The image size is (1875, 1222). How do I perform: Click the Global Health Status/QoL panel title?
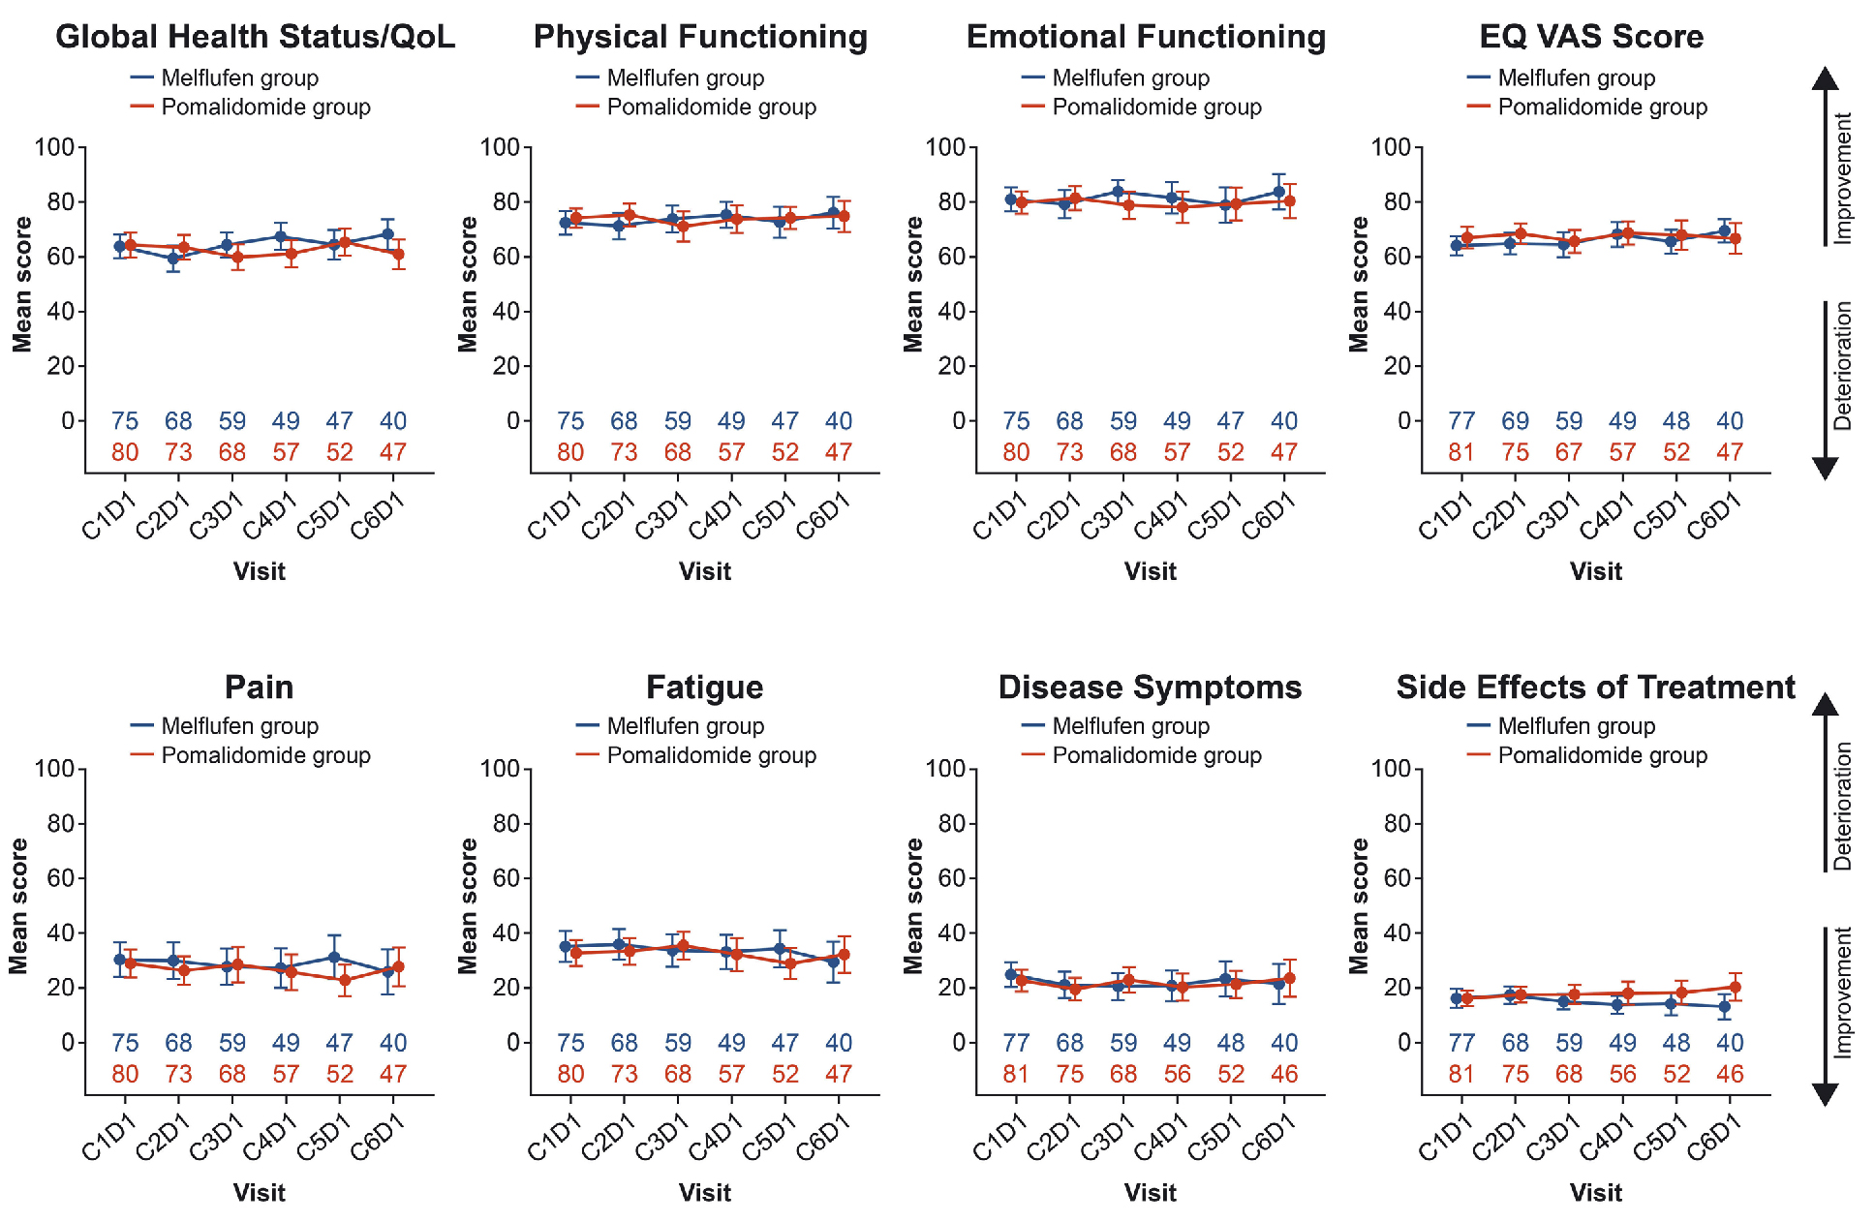[255, 37]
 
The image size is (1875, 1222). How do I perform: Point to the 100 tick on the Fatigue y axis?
[500, 770]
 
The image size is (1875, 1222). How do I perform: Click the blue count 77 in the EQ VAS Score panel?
[1461, 421]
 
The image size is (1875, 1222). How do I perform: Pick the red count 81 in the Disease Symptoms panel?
[1016, 1074]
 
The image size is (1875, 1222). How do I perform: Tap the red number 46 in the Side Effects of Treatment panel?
[1730, 1074]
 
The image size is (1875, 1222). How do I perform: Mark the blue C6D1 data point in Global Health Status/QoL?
[387, 234]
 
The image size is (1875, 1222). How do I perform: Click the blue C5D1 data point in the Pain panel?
[334, 958]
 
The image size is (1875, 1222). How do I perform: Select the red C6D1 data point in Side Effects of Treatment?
[1735, 988]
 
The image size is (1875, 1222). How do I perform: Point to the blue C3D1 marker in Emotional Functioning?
[1118, 192]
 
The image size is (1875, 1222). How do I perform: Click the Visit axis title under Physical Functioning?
[704, 571]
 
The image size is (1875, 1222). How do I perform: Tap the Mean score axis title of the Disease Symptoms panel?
[913, 905]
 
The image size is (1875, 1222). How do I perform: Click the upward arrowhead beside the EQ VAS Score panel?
[1825, 79]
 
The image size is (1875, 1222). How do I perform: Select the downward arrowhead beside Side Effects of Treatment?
[1825, 1093]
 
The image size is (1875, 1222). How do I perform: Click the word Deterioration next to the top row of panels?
[1842, 366]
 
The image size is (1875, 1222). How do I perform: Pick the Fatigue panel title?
[704, 687]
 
